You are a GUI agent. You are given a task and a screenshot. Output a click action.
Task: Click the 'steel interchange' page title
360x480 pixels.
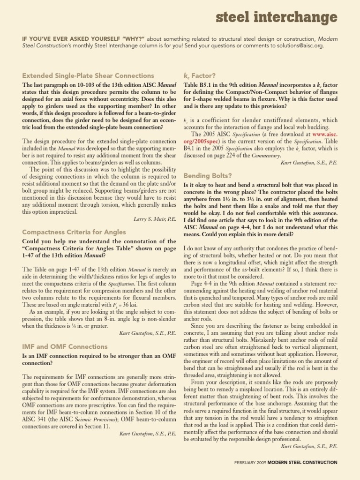(x=277, y=18)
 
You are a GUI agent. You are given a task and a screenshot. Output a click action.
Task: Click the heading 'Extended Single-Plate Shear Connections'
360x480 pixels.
(x=88, y=75)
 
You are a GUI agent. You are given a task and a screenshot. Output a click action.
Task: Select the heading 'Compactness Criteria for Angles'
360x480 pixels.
(x=74, y=232)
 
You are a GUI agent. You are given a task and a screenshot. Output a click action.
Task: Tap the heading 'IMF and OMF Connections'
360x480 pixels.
(x=65, y=346)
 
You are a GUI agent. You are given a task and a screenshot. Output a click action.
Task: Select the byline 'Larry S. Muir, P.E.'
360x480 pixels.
(x=154, y=219)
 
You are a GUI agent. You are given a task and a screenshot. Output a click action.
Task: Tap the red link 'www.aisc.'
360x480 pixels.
(x=323, y=134)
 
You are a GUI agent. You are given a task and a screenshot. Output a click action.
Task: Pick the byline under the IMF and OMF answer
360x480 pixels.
(x=148, y=434)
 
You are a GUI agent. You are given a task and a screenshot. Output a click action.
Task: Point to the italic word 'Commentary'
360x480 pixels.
(x=266, y=155)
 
